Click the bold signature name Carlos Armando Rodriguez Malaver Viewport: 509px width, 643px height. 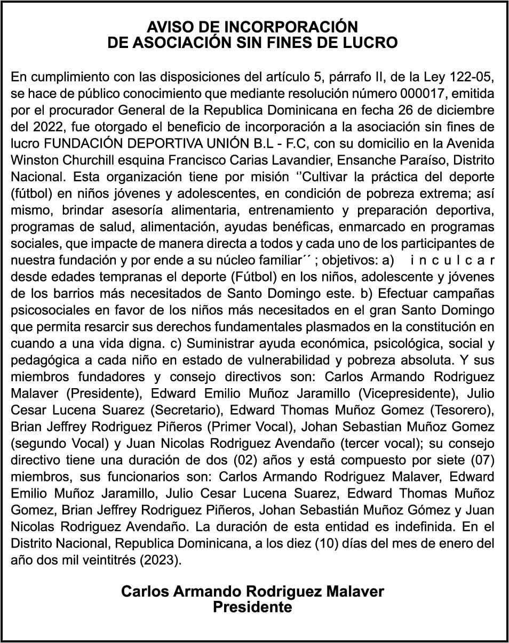pyautogui.click(x=252, y=591)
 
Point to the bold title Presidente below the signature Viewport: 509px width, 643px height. pyautogui.click(x=252, y=607)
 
